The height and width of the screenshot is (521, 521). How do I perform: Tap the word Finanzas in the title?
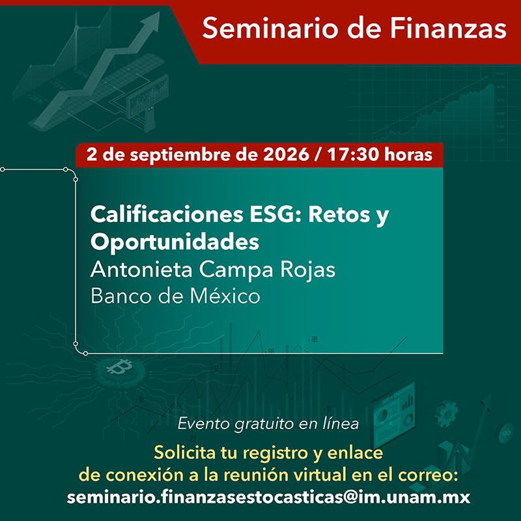click(x=448, y=28)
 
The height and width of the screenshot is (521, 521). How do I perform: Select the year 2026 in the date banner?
click(x=286, y=155)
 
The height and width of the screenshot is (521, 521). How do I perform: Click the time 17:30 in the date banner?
click(x=353, y=155)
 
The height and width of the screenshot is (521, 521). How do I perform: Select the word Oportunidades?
click(x=175, y=242)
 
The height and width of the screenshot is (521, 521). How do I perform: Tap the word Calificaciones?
click(x=167, y=214)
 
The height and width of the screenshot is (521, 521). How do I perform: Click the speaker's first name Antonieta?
click(x=141, y=269)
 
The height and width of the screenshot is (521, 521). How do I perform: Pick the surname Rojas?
click(x=307, y=270)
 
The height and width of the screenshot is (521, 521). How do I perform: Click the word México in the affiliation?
click(x=225, y=296)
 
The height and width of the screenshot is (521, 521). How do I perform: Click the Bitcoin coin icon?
click(x=120, y=369)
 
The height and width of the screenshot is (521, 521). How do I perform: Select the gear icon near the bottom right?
click(x=446, y=414)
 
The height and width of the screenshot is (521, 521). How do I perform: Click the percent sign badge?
click(x=506, y=433)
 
